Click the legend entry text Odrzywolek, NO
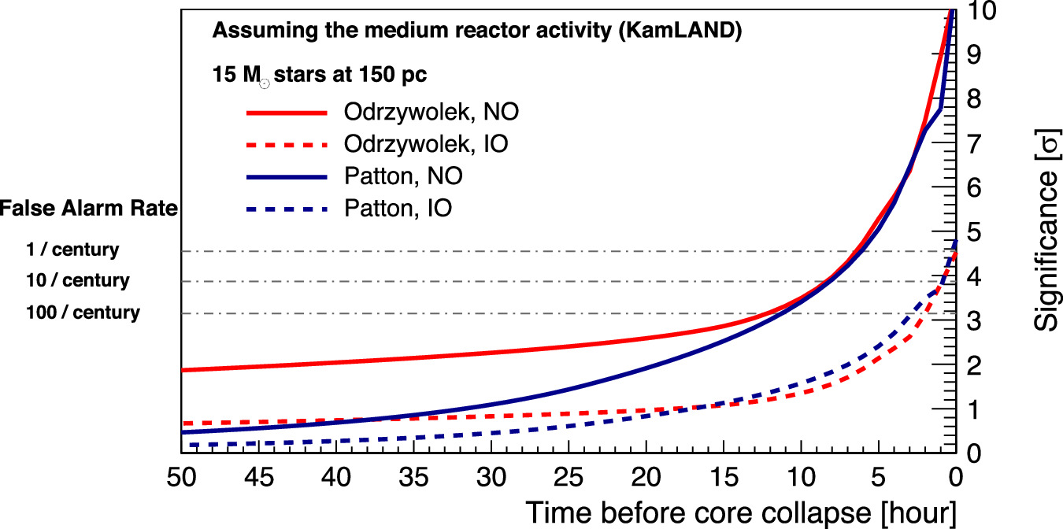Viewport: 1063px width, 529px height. point(431,112)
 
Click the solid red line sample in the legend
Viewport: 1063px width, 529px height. point(287,113)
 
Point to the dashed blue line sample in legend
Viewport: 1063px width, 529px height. point(287,209)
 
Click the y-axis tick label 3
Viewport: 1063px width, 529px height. point(977,321)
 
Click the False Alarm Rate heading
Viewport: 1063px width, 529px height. point(89,209)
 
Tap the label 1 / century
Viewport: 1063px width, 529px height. point(72,250)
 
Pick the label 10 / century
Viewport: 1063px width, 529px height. point(77,281)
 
